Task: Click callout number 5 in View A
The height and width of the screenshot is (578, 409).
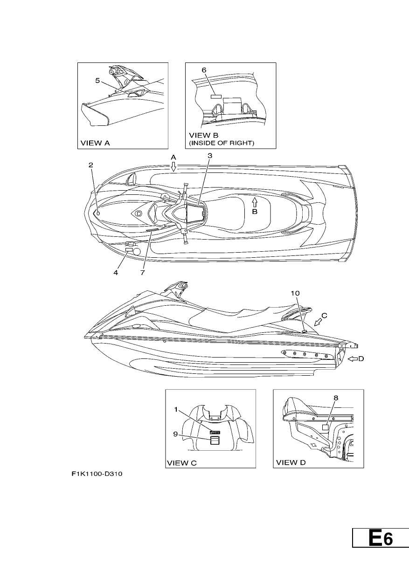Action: coord(97,81)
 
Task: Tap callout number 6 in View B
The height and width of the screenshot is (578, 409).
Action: coord(204,70)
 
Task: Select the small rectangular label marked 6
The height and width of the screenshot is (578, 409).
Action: coord(216,96)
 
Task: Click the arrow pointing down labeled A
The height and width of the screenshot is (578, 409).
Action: coord(173,167)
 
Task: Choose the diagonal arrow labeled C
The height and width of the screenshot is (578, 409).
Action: coord(319,322)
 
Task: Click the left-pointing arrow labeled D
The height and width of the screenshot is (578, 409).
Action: coord(353,358)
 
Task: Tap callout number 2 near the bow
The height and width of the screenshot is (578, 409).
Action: coord(90,165)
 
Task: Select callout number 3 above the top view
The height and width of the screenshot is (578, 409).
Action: coord(210,156)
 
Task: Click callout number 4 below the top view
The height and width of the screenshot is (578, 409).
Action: coord(116,273)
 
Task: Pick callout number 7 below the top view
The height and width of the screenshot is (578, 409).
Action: coord(143,273)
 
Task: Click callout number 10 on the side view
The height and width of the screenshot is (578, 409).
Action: coord(295,293)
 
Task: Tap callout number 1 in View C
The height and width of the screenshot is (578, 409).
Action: coord(176,410)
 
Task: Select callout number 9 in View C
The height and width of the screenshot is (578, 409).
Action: coord(175,434)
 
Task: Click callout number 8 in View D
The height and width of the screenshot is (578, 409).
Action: coord(336,398)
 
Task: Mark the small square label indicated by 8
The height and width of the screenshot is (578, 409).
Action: coord(326,427)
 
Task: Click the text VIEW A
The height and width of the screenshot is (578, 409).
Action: coord(95,143)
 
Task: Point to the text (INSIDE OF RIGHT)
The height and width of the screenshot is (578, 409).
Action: coord(222,143)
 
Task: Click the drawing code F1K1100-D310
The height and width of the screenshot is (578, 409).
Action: coord(97,474)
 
